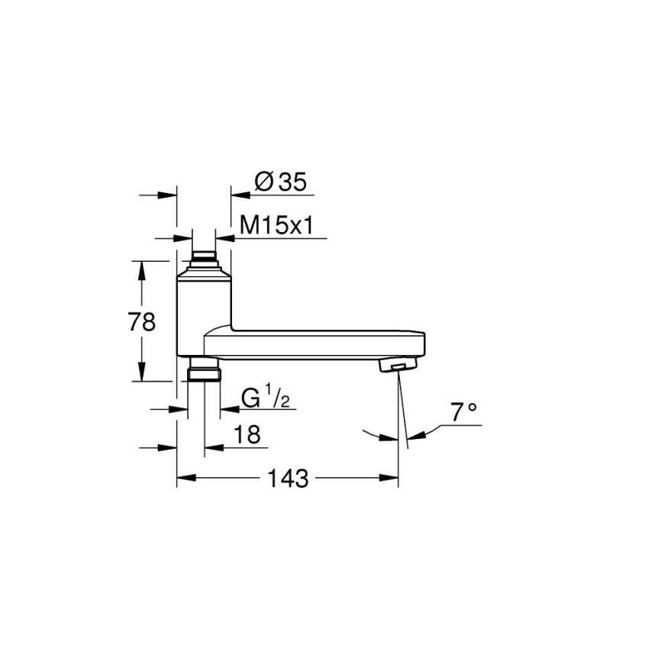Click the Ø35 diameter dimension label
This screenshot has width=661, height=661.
[280, 182]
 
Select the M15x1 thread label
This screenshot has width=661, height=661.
[278, 225]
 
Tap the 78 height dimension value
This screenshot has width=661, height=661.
[142, 321]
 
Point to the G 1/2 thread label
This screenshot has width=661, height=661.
[264, 398]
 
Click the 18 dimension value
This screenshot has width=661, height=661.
[247, 434]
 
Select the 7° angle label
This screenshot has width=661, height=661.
[463, 414]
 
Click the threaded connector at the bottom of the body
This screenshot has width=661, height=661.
[204, 372]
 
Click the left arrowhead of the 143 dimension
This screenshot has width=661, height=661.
[184, 479]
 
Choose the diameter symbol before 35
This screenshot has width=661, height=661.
[263, 182]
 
